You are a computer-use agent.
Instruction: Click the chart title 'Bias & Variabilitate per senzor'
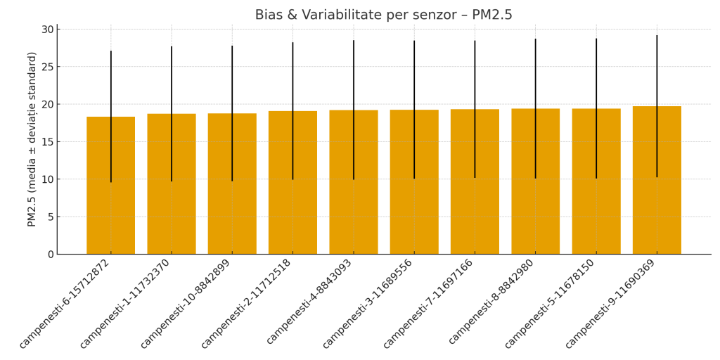pyautogui.click(x=383, y=15)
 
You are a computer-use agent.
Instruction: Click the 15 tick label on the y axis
pyautogui.click(x=47, y=142)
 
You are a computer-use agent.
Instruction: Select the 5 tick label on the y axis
pyautogui.click(x=50, y=217)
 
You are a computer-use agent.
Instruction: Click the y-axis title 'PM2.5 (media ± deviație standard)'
pyautogui.click(x=32, y=139)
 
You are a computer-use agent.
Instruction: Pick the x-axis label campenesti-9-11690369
pyautogui.click(x=610, y=304)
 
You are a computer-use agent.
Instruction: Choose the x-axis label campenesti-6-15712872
pyautogui.click(x=64, y=304)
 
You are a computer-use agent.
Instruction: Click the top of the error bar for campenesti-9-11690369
pyautogui.click(x=657, y=36)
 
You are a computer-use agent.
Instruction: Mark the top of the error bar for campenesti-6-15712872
pyautogui.click(x=110, y=51)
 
